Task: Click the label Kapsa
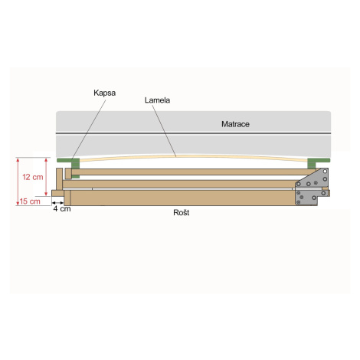click(x=104, y=93)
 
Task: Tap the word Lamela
click(x=157, y=100)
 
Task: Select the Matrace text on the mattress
click(x=235, y=124)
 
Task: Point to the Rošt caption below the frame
click(x=182, y=212)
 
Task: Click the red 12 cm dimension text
click(x=33, y=177)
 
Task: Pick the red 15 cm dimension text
click(x=30, y=201)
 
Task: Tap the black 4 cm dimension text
click(x=62, y=208)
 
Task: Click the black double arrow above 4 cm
click(x=58, y=203)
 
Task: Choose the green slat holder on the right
click(x=319, y=162)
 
